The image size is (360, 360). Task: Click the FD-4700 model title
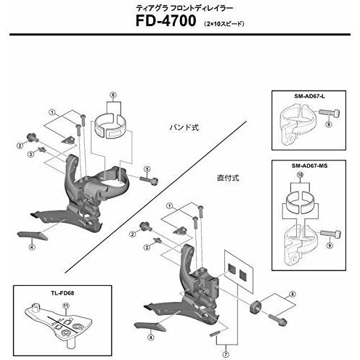coord(165,21)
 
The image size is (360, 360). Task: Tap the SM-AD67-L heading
coord(309,96)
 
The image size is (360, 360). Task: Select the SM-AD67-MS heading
coord(309,165)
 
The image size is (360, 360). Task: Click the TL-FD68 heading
coord(62,293)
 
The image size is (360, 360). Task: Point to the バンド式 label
coord(184,128)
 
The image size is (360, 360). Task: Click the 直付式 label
coord(228,178)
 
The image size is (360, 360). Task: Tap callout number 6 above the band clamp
coord(113,95)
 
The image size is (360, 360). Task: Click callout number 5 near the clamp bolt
coord(147,169)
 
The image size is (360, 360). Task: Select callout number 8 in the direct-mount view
coord(292,294)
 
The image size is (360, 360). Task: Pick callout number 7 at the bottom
coord(226,355)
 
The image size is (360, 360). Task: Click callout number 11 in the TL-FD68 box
coord(66,306)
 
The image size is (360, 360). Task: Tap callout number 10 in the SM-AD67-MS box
coord(300,175)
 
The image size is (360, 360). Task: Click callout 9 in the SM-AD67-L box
coord(328,124)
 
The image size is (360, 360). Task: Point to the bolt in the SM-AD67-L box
coord(330,112)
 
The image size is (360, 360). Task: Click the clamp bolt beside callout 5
coord(149,180)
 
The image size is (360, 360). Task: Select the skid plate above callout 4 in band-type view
coord(32,235)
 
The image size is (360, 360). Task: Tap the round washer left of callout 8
coord(255,307)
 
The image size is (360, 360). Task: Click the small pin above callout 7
coord(215,333)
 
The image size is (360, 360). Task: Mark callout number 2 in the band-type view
coord(20,146)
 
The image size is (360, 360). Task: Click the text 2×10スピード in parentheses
coord(224,24)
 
